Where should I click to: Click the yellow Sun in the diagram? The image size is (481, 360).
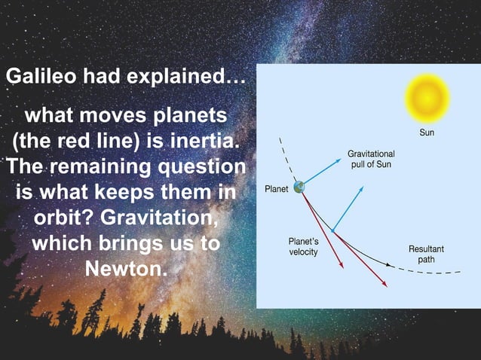tap(427, 97)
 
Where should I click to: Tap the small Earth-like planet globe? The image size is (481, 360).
tap(299, 188)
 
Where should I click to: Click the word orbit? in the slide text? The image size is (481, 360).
tap(63, 218)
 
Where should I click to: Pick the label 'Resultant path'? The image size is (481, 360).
tap(426, 254)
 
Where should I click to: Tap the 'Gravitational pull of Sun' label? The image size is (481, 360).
tap(370, 159)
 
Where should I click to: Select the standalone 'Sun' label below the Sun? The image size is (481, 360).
tap(427, 133)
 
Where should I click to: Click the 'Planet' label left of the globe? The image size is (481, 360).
tap(275, 188)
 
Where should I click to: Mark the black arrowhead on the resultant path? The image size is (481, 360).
tap(388, 265)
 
